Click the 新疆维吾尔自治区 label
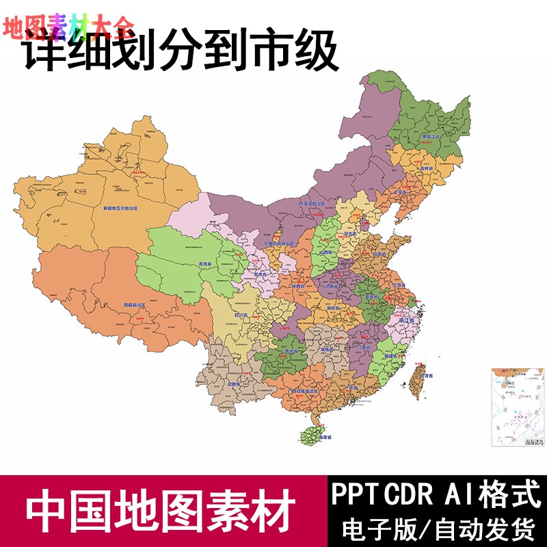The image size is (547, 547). point(120,207)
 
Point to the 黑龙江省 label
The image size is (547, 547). point(431,137)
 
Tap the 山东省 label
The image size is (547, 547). point(382,254)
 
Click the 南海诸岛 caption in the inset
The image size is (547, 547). point(534,442)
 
